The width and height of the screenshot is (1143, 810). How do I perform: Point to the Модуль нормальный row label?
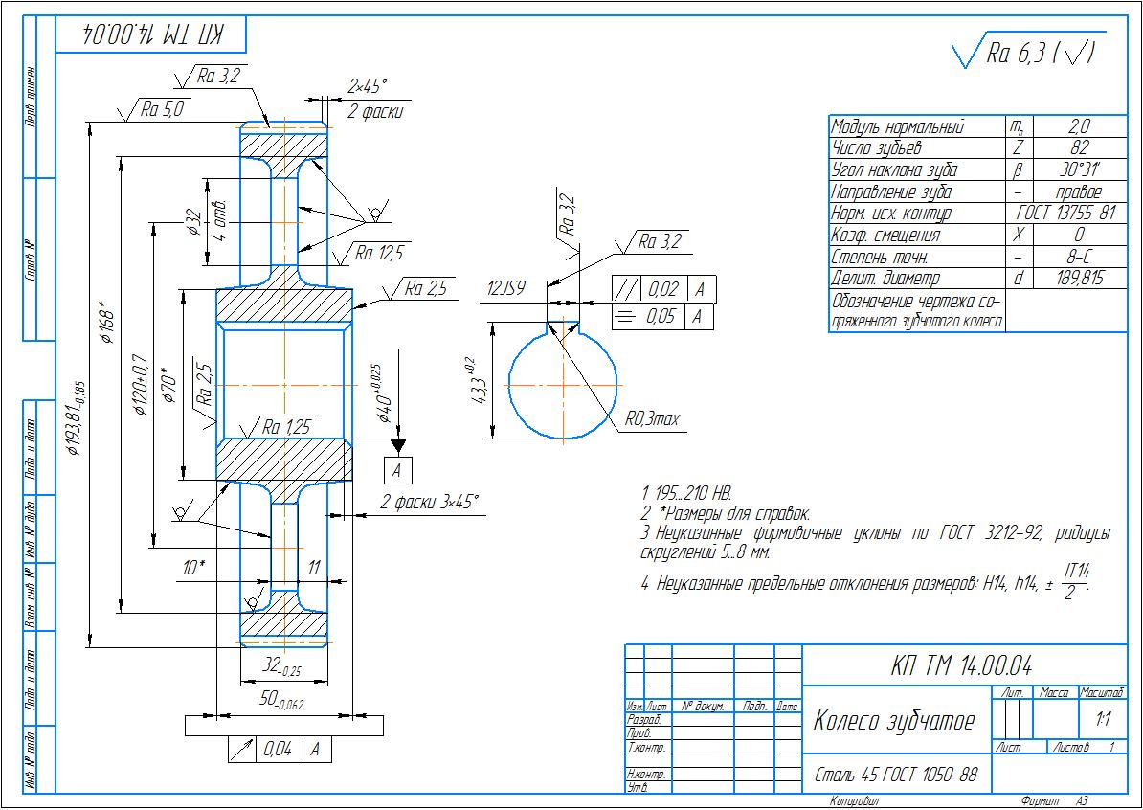coord(898,127)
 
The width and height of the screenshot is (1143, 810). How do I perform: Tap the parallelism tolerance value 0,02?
coord(662,289)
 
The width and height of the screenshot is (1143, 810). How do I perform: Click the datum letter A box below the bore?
coord(398,470)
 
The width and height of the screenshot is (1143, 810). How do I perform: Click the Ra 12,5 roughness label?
coord(379,254)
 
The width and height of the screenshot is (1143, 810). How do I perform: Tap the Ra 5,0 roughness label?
coord(161,109)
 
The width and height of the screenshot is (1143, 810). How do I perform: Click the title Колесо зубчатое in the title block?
coord(893,721)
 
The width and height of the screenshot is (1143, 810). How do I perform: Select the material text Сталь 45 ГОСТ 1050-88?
coord(896,774)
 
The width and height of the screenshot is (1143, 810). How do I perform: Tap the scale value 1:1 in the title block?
coord(1101,716)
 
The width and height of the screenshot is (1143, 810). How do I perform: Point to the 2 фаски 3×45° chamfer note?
coord(429,501)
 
